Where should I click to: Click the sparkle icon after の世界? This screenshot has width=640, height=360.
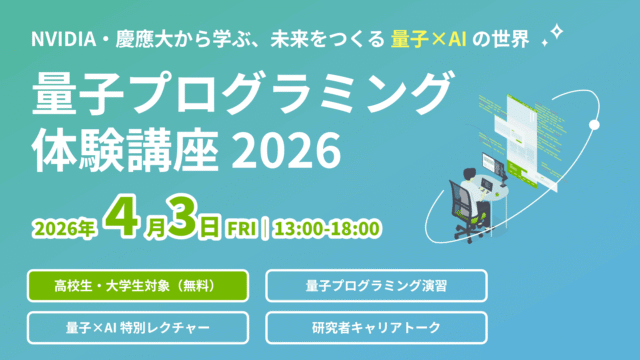550,39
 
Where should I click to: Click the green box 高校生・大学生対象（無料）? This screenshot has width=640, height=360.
138,285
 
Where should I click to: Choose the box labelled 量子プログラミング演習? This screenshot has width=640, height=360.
377,285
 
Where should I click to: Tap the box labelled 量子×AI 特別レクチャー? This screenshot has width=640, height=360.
138,326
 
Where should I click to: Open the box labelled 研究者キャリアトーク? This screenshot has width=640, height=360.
377,326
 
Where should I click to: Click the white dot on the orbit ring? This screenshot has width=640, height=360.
594,124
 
